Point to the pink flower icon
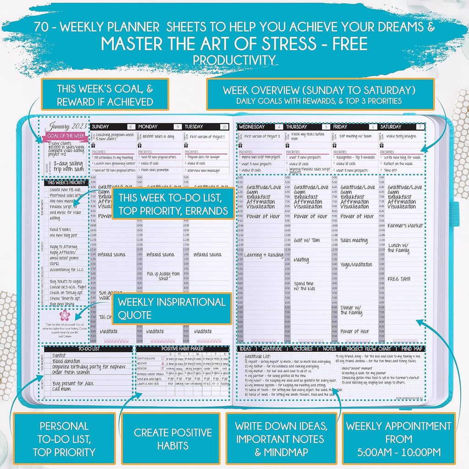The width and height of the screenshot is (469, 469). tap(64, 315)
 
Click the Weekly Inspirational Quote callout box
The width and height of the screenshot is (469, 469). tap(171, 309)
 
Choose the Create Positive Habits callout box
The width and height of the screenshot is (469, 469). tap(173, 439)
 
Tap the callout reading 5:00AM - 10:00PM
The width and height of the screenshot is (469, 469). tap(398, 439)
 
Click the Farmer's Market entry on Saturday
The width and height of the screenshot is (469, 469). tap(404, 226)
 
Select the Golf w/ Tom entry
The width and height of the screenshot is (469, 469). tap(306, 240)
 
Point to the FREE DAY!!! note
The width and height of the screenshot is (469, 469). tap(399, 278)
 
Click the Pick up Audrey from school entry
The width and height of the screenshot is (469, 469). tap(163, 276)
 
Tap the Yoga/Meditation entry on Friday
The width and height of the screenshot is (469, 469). tap(356, 265)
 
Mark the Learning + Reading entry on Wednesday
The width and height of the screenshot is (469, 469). tap(263, 255)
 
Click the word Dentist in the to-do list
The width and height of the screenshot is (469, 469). tap(60, 355)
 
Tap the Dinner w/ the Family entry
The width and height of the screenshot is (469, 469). tap(351, 310)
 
